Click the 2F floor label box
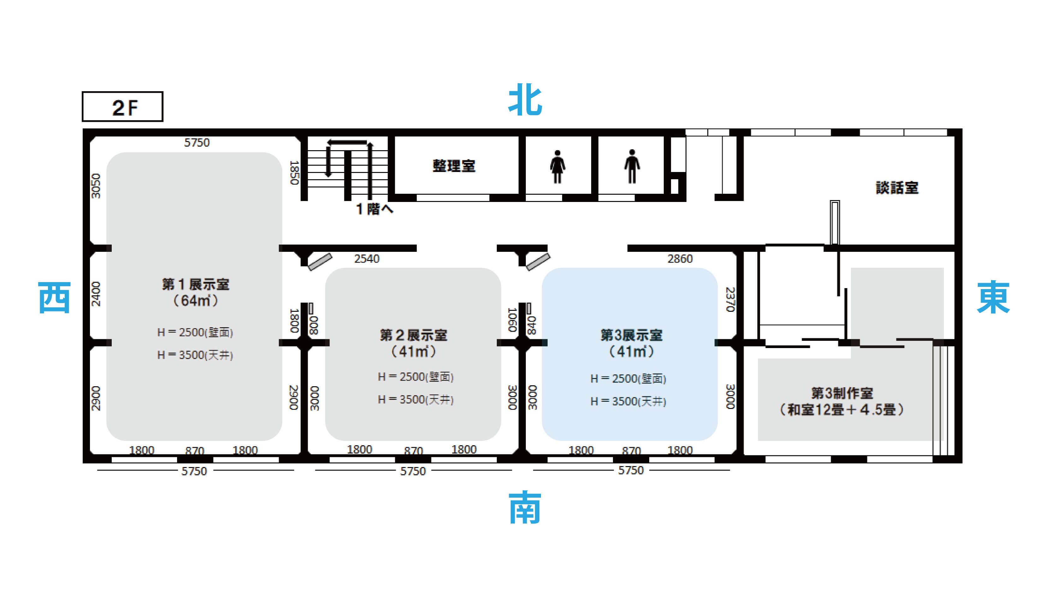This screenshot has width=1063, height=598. pos(122,106)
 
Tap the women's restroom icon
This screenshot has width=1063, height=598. pos(557,166)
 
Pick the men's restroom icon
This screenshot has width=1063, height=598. pos(632,166)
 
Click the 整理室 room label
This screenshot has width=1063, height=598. pos(454,166)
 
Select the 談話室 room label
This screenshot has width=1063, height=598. pos(897,188)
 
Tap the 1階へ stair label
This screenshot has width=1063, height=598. pos(374,209)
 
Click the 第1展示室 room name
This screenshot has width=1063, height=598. pos(196,284)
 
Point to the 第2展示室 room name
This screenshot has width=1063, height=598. pos(413,335)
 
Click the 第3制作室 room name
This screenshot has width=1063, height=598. pos(842,393)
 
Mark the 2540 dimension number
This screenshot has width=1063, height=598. pos(367,259)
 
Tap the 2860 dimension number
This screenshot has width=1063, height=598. pos(680,259)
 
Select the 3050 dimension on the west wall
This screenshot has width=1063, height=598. pos(96,186)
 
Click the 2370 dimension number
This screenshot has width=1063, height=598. pos(730,299)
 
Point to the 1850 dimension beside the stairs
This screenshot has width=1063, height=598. pos(294,173)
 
